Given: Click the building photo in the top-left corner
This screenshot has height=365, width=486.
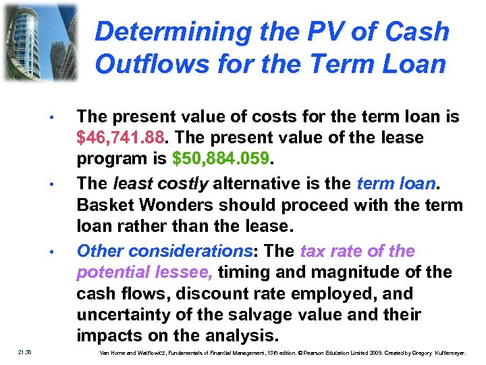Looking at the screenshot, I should tap(40, 42).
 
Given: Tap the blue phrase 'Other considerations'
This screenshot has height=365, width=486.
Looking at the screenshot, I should tap(165, 251).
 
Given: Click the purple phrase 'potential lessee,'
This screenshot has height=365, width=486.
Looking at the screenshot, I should tap(146, 273).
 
